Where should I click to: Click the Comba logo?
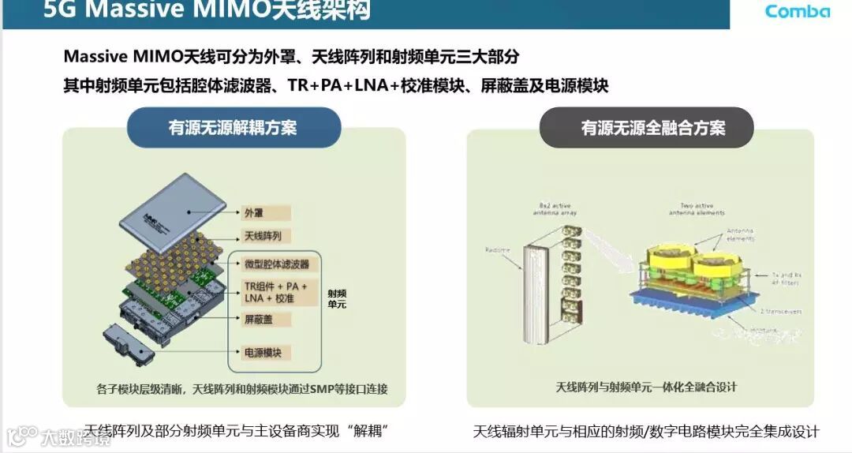(x=798, y=11)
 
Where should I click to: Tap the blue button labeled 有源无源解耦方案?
(x=233, y=128)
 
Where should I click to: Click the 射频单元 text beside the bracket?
(x=337, y=298)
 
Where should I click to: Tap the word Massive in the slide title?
(x=126, y=11)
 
